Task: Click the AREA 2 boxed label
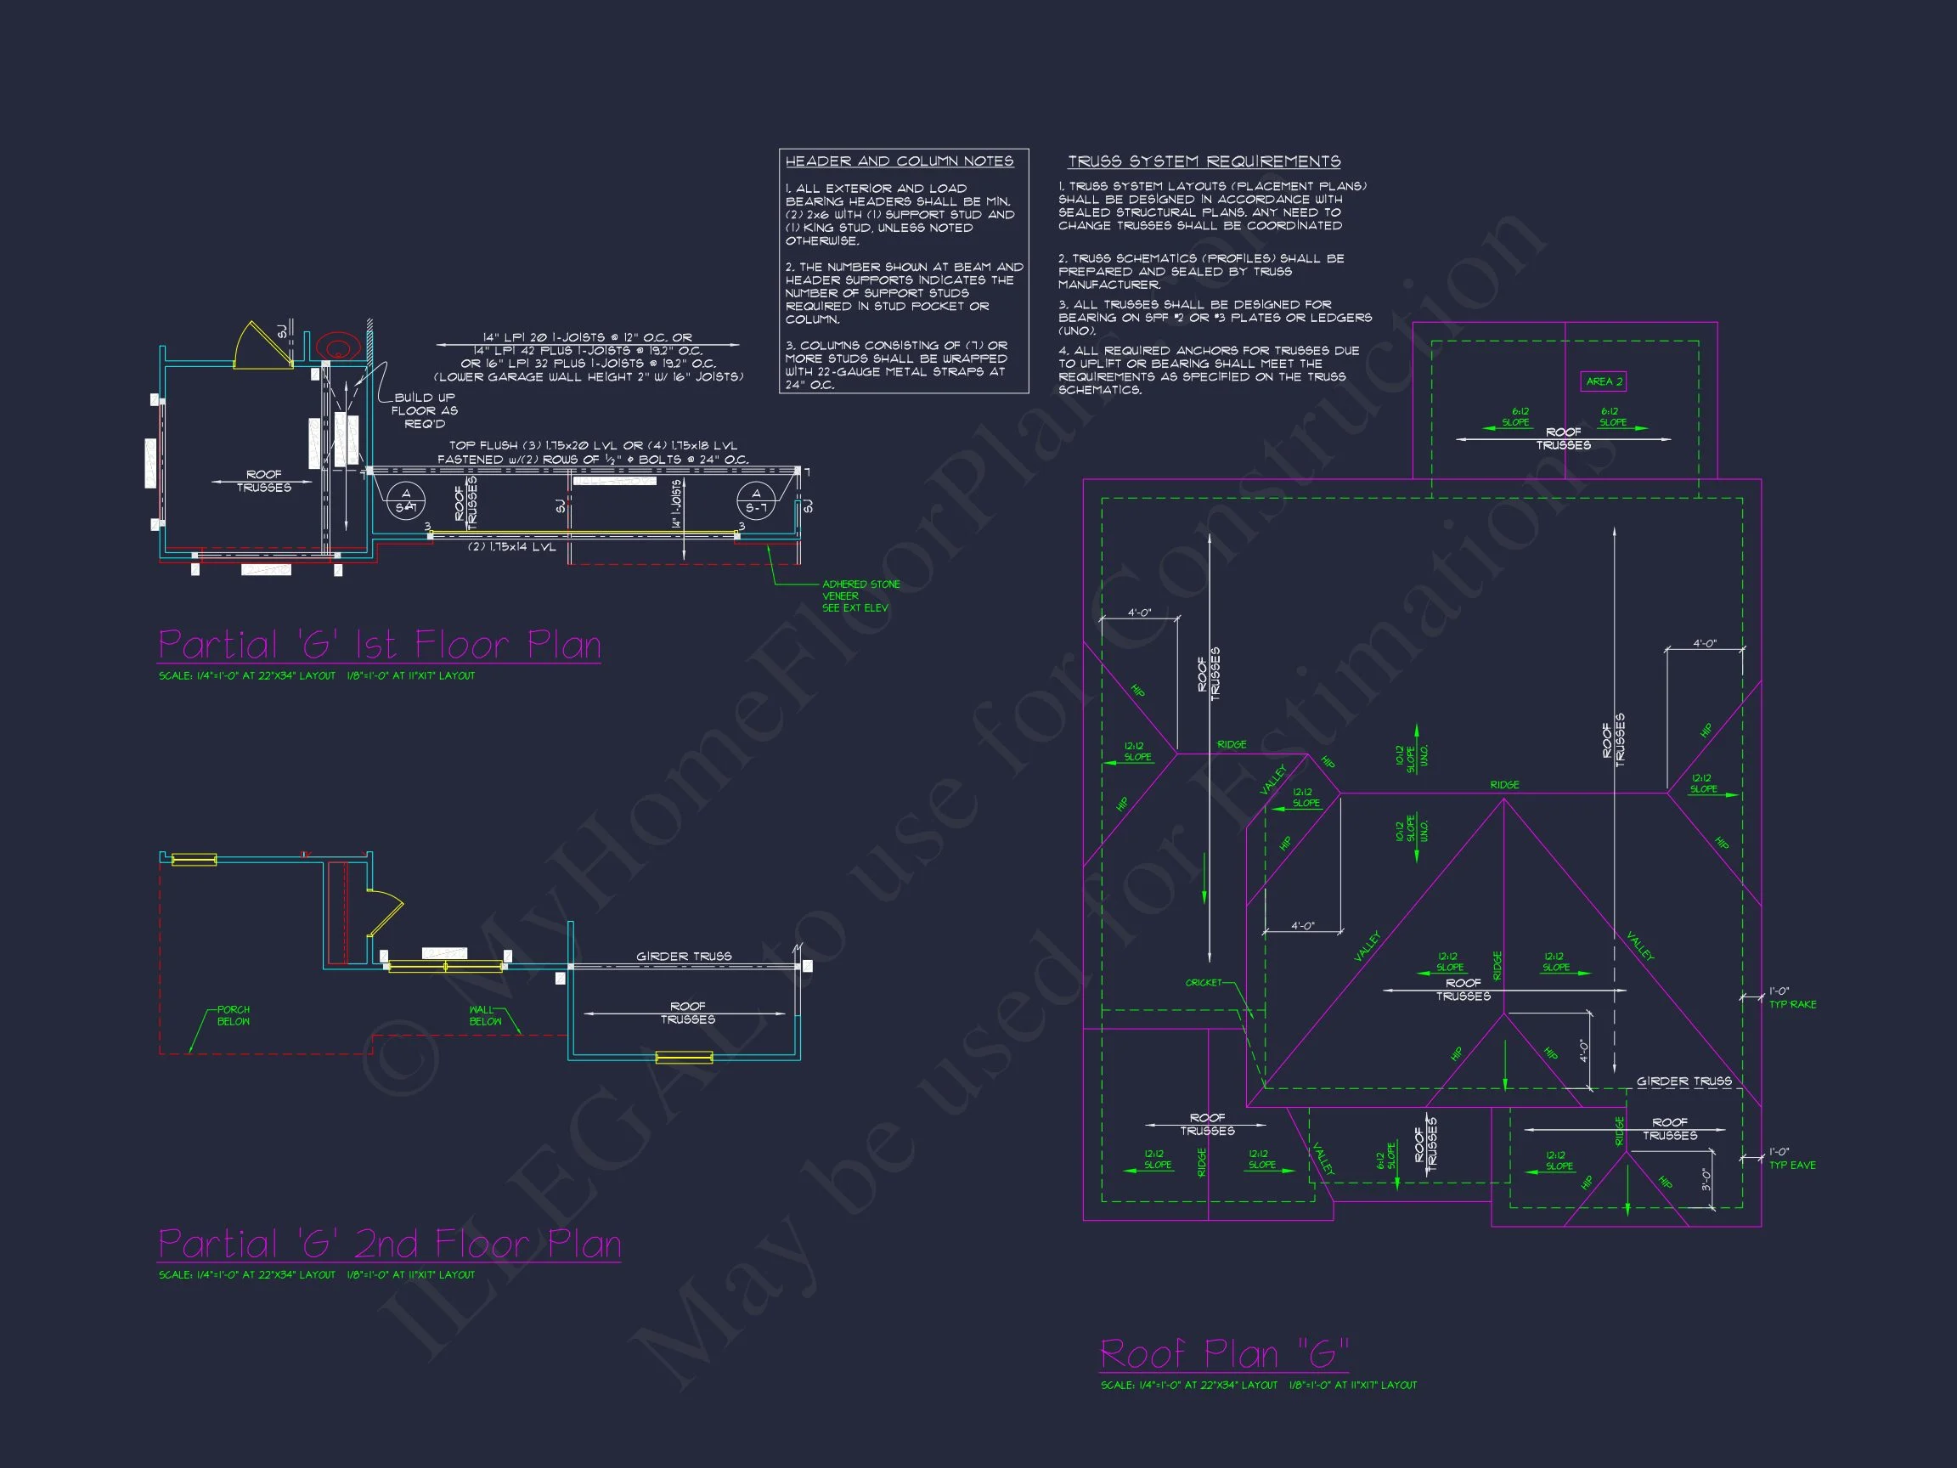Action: click(1603, 381)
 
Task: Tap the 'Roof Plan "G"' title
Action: click(1224, 1354)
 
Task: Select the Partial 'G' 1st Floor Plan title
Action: click(380, 644)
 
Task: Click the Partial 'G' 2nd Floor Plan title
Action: click(389, 1243)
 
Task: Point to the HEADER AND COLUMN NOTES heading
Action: click(899, 161)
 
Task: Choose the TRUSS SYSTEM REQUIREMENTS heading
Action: click(1204, 161)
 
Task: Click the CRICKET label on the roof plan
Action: click(1204, 982)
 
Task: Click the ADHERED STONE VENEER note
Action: click(860, 596)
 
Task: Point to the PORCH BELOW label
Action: click(234, 1015)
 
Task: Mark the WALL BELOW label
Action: click(485, 1015)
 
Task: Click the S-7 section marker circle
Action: click(756, 501)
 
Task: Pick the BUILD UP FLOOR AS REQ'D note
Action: click(424, 410)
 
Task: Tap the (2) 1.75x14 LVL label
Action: click(512, 547)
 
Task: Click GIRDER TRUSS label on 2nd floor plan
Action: click(684, 956)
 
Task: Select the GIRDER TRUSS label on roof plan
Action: click(1683, 1081)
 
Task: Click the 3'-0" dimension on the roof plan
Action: click(1706, 1178)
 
